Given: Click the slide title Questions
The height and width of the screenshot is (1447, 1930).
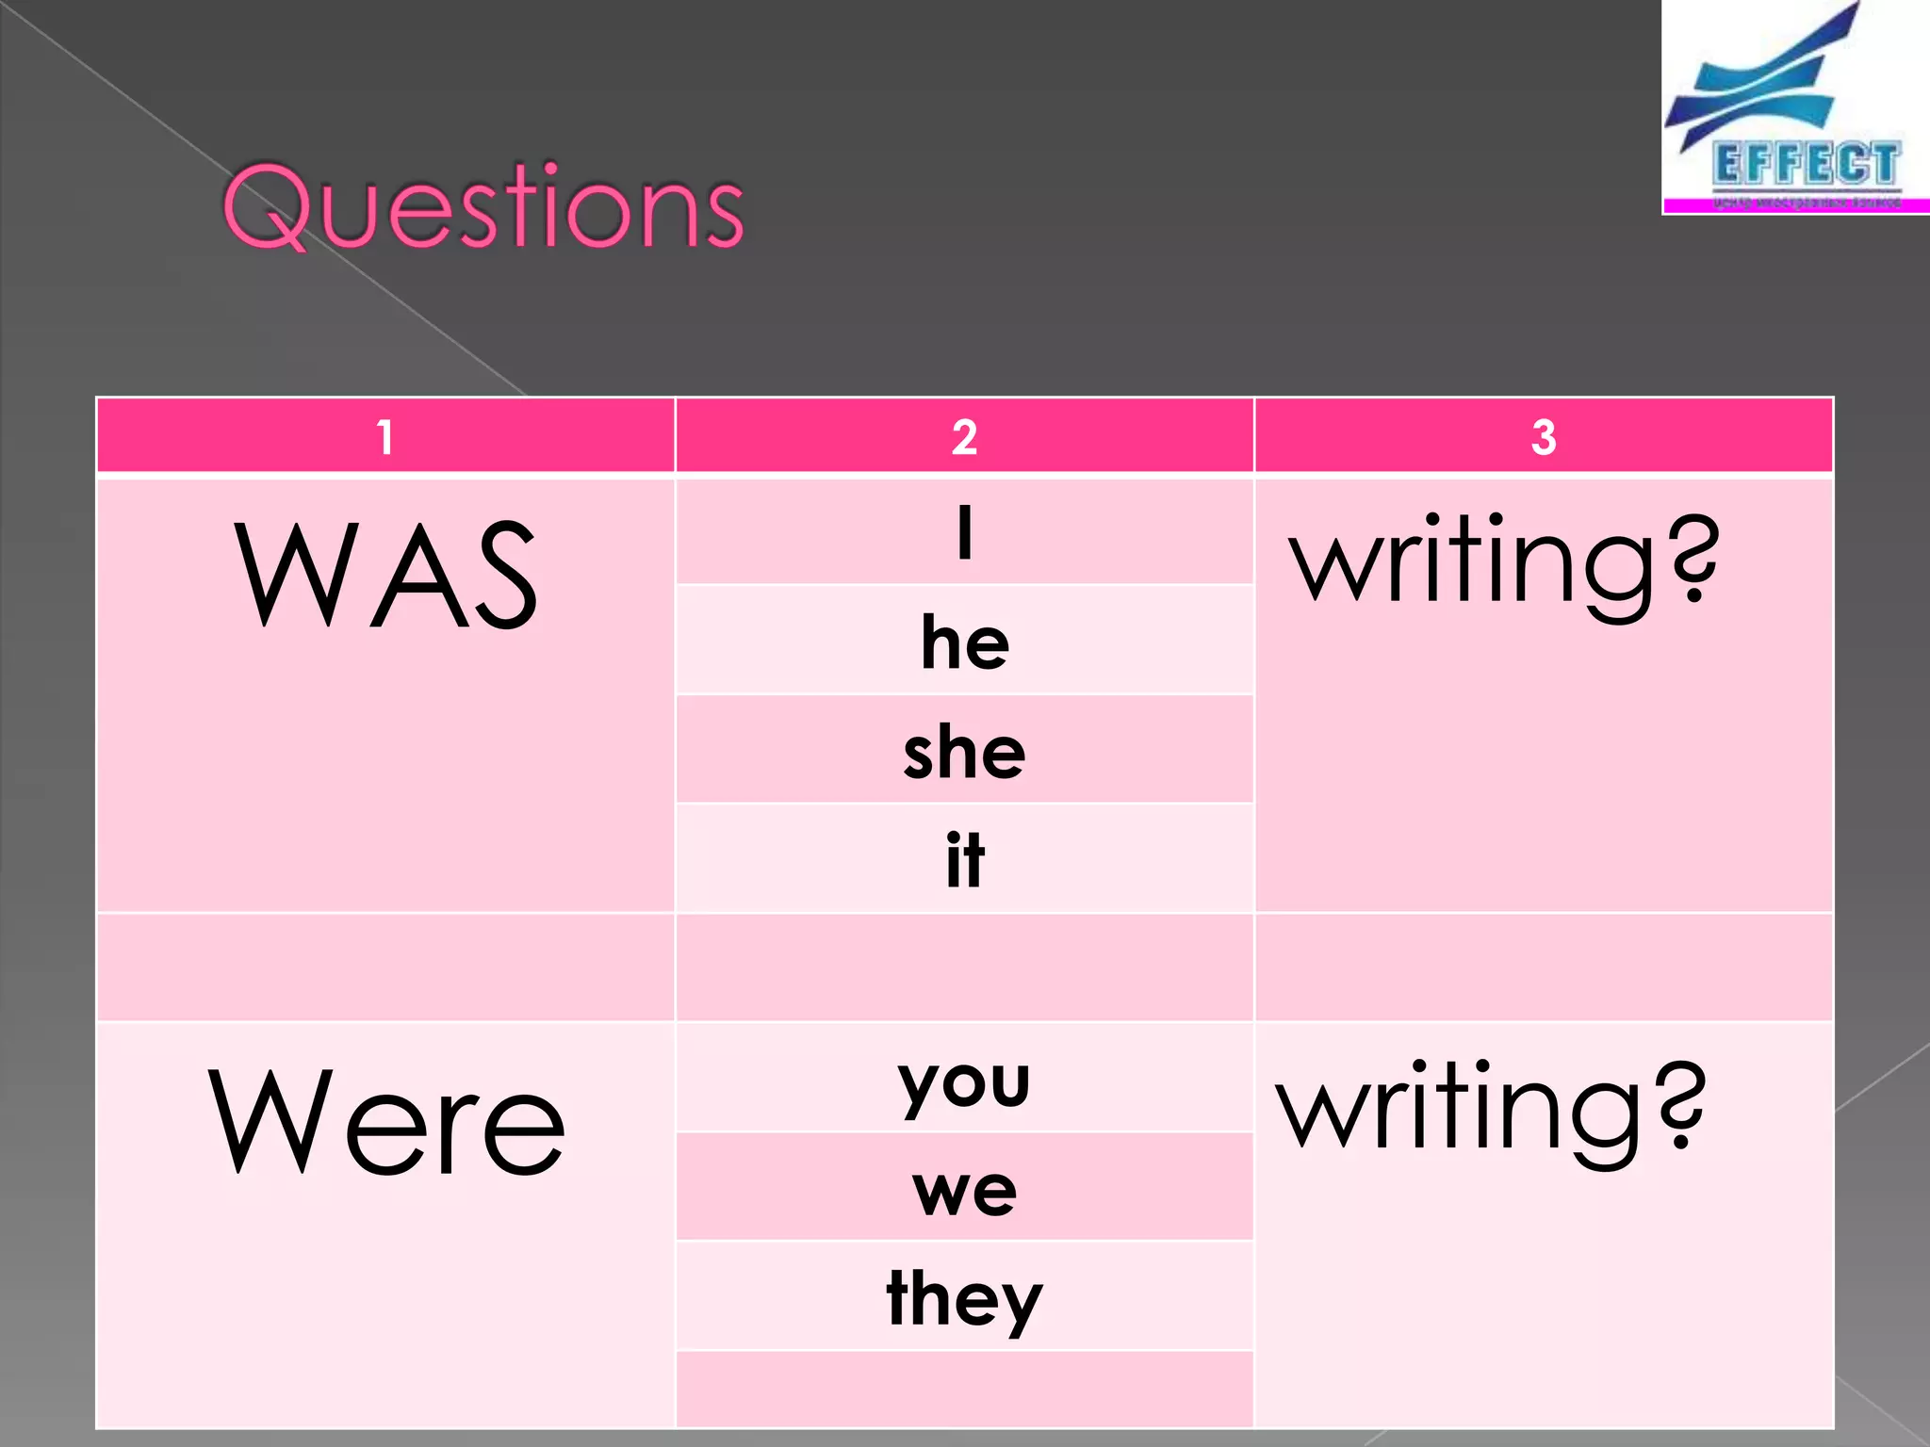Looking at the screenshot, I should (x=483, y=206).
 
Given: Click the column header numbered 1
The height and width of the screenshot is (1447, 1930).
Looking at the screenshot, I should (x=384, y=437).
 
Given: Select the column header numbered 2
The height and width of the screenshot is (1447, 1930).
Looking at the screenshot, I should (x=964, y=437).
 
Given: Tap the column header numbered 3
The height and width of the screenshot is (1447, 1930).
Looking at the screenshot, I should (x=1544, y=437).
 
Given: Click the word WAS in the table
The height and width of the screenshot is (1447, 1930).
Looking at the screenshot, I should (x=385, y=575).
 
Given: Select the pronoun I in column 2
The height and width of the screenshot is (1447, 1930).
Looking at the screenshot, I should (x=964, y=532).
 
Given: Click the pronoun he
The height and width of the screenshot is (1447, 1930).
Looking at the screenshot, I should (x=965, y=642).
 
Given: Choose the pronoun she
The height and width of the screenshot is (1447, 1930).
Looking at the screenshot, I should (x=964, y=753).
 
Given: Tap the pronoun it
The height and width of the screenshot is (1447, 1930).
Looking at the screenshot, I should (x=965, y=860).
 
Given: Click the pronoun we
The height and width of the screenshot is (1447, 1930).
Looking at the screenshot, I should (x=964, y=1191).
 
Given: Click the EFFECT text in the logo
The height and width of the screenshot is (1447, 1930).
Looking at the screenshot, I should (x=1805, y=165).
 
